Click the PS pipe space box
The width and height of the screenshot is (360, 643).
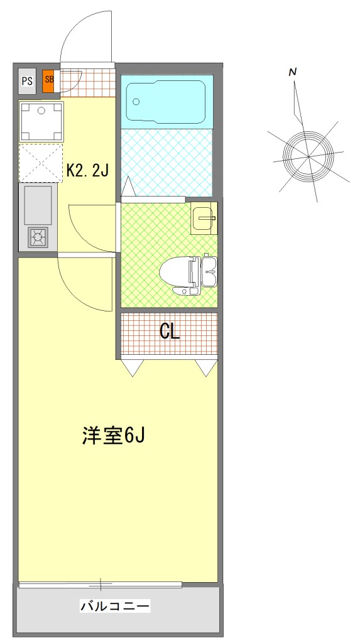[x=28, y=81]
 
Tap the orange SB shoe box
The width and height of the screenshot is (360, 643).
[x=49, y=80]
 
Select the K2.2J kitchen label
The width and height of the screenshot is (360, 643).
[x=87, y=170]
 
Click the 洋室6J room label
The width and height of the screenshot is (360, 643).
[x=113, y=436]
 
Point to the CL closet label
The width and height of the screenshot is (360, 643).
[x=170, y=332]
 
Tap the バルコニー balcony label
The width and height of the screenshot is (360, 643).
[x=115, y=605]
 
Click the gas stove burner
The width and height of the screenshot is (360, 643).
[x=38, y=237]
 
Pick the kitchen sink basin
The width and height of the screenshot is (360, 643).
[x=38, y=205]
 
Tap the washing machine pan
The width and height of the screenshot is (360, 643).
[x=41, y=122]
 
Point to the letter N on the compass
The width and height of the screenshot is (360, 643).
[x=293, y=73]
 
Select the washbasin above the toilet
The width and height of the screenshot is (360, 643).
[x=204, y=218]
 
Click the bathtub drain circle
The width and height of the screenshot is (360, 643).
[x=136, y=102]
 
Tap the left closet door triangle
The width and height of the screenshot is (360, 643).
[x=132, y=367]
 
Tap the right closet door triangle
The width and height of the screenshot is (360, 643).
[x=207, y=367]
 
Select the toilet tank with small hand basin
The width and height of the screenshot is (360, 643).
[x=209, y=270]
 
